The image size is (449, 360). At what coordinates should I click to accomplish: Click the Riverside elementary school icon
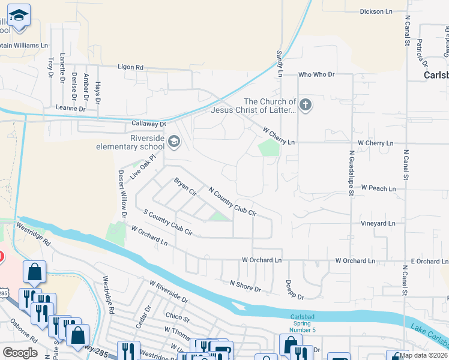pos(174,142)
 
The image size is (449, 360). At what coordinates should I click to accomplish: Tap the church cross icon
pos(306,106)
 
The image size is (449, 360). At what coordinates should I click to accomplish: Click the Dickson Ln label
pos(376,11)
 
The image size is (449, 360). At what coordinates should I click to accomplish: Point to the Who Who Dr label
pos(316,74)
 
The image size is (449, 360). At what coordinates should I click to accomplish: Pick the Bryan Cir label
pos(185,187)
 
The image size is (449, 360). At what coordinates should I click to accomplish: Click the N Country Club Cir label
pos(232,201)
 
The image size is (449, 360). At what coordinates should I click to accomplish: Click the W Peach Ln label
pos(378,188)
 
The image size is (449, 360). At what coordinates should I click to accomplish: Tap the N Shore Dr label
pos(246,286)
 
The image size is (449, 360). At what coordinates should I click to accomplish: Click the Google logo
pos(20,352)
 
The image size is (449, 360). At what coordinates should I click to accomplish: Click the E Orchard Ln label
pos(429,261)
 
